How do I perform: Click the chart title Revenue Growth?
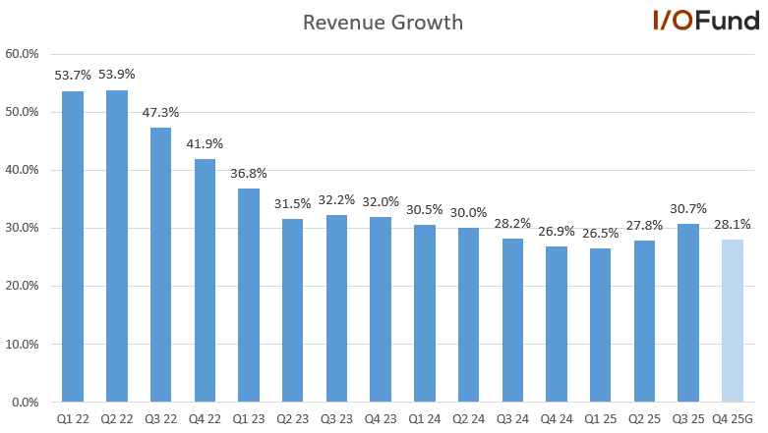pyautogui.click(x=383, y=22)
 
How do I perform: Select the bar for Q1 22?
pyautogui.click(x=73, y=246)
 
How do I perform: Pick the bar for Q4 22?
pyautogui.click(x=205, y=281)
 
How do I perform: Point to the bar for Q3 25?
pyautogui.click(x=688, y=313)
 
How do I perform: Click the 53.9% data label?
pyautogui.click(x=117, y=74)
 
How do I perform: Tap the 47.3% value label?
pyautogui.click(x=160, y=112)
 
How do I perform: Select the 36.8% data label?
pyautogui.click(x=249, y=173)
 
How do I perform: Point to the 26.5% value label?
pyautogui.click(x=601, y=233)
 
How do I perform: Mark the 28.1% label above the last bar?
pyautogui.click(x=733, y=224)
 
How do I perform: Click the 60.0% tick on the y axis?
pyautogui.click(x=22, y=54)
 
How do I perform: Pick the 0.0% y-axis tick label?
pyautogui.click(x=25, y=403)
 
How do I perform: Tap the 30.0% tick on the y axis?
pyautogui.click(x=22, y=228)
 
